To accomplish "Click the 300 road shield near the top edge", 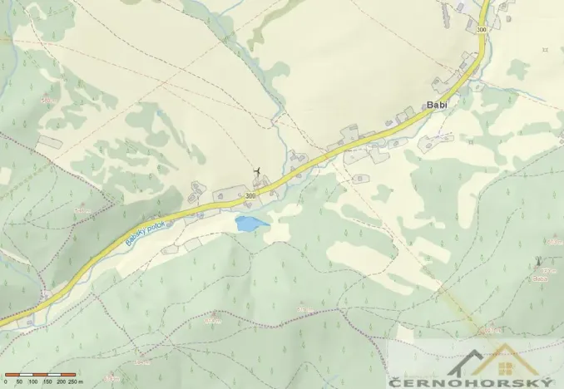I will click(x=482, y=30).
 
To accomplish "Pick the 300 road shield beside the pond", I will click(x=251, y=196).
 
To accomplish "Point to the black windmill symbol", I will click(x=257, y=172).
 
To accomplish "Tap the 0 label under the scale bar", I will click(x=4, y=382).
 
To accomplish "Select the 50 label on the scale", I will click(x=19, y=382).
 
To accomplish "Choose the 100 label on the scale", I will click(x=33, y=382).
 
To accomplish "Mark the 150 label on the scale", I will click(x=48, y=382).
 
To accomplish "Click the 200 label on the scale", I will click(x=63, y=382).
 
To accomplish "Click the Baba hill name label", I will click(x=540, y=279).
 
